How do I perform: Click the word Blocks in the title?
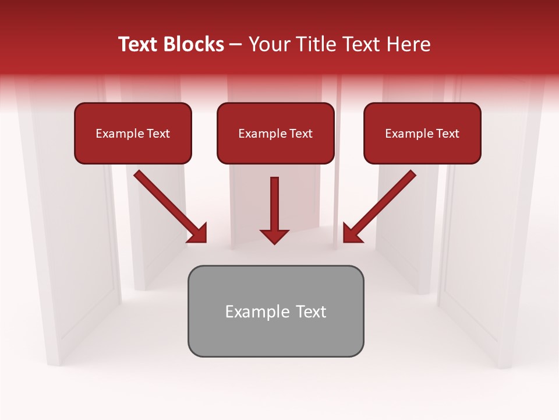(x=194, y=44)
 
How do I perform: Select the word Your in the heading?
(x=269, y=44)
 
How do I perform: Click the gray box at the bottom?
(x=275, y=335)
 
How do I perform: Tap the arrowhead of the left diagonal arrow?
(x=198, y=233)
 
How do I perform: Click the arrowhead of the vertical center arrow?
(x=274, y=236)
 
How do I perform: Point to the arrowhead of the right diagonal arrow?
(x=352, y=233)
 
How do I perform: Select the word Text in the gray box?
(x=310, y=311)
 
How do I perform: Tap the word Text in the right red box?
(x=447, y=134)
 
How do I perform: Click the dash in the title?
(x=236, y=45)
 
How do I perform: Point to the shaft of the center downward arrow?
(x=274, y=201)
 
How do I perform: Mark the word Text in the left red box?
(x=158, y=134)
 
